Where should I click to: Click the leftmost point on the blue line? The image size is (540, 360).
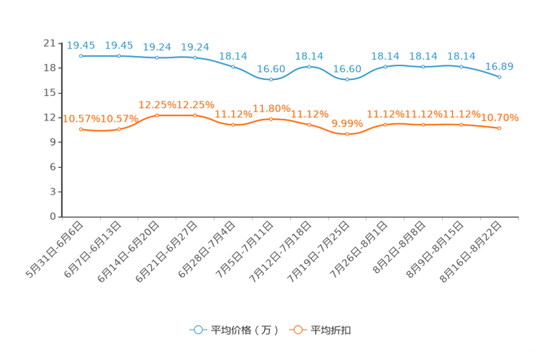[81, 56]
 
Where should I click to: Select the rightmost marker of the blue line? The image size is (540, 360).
[499, 76]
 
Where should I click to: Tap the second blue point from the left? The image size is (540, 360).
[119, 56]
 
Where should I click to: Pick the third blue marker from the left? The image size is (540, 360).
[157, 57]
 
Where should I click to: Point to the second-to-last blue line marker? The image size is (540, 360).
[461, 67]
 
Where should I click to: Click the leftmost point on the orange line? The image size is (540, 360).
[81, 129]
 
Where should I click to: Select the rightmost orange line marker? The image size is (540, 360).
[499, 128]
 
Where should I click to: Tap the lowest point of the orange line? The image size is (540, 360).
[348, 134]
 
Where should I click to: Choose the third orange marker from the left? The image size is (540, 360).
[157, 115]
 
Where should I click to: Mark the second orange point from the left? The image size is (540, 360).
[119, 129]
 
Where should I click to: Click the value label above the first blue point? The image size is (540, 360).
[81, 45]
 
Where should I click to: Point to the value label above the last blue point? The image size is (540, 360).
[499, 66]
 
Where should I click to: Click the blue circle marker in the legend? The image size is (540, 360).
[197, 330]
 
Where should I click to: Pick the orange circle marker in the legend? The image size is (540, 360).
[297, 330]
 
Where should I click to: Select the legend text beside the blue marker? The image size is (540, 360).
[245, 330]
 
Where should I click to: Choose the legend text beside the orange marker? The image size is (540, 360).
[332, 330]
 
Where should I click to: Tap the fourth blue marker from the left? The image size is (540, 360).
[195, 57]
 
